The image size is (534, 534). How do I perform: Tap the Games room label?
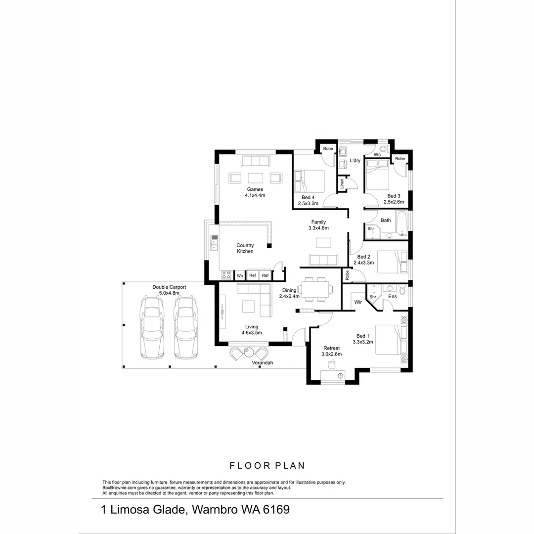[x=255, y=189]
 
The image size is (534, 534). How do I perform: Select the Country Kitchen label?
[x=245, y=248]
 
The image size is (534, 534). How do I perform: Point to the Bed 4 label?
[x=308, y=197]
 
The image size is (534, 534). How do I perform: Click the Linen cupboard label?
[x=342, y=184]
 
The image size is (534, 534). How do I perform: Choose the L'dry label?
[x=355, y=161]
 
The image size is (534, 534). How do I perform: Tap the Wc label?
[x=377, y=155]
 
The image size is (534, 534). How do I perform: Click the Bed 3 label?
[x=394, y=196]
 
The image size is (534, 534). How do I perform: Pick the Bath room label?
[x=386, y=220]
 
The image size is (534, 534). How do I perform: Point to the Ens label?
[x=393, y=296]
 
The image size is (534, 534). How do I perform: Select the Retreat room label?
[x=331, y=348]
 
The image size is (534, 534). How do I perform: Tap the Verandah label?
[x=263, y=363]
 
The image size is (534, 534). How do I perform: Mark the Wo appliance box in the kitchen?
[x=240, y=275]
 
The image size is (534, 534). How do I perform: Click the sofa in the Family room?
[x=323, y=260]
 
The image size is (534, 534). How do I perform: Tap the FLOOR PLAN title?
[x=267, y=465]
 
